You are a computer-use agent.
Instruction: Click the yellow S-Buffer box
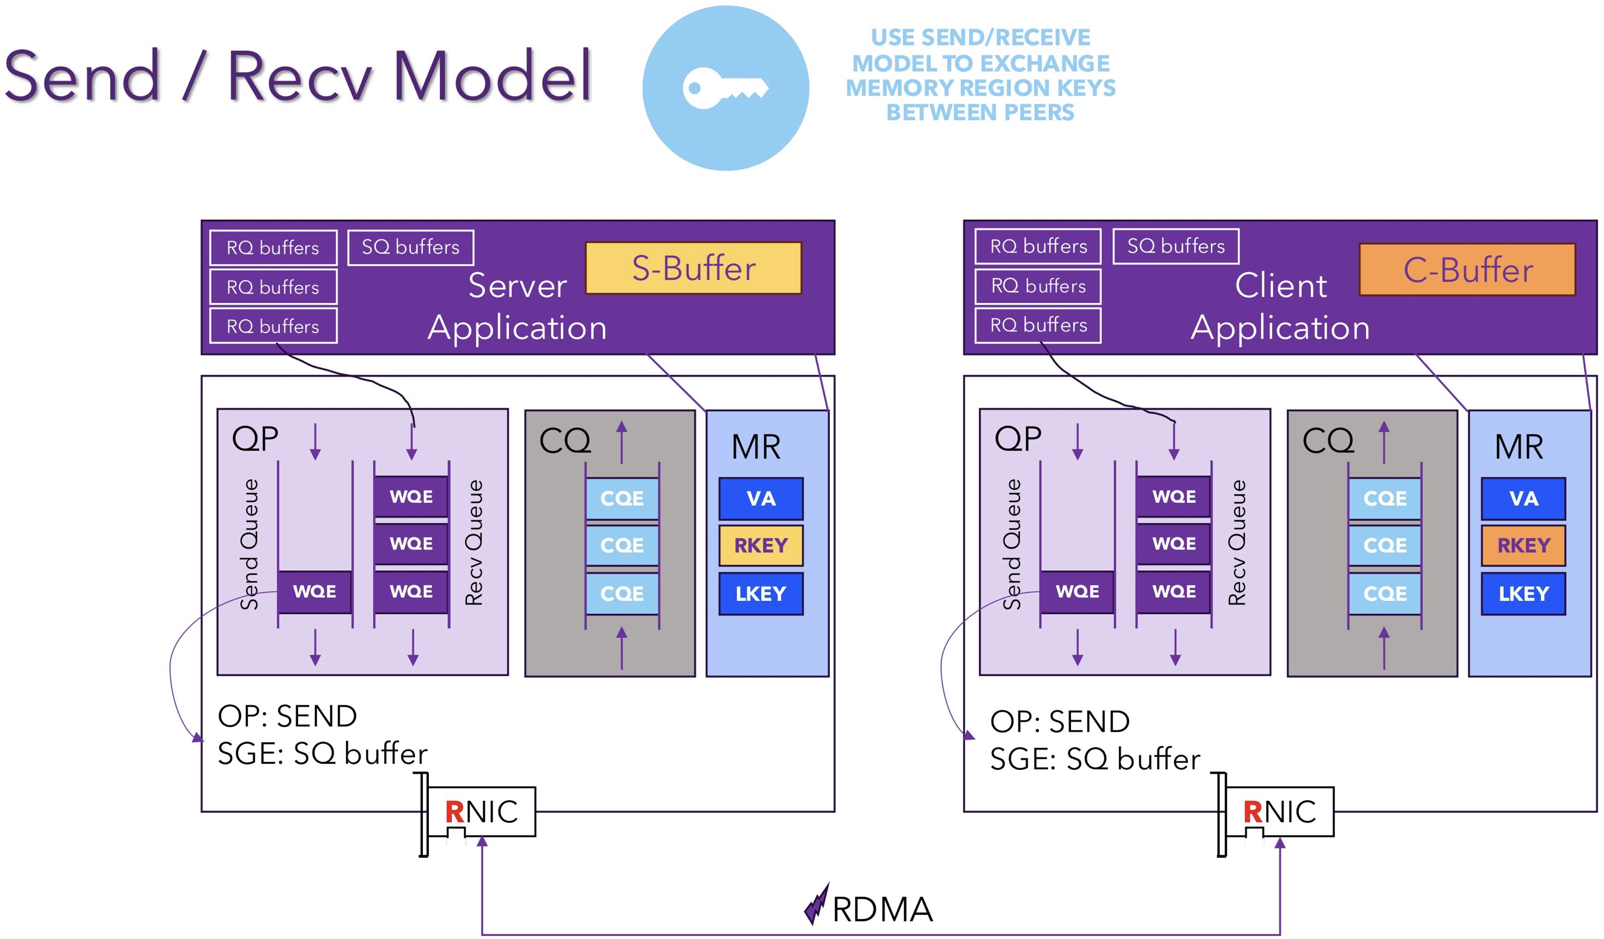[693, 268]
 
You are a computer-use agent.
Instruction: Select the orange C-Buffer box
[1467, 270]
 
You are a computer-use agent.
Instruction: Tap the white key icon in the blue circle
[725, 88]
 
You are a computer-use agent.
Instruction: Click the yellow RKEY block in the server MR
[761, 546]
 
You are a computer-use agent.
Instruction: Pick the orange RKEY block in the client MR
[1523, 546]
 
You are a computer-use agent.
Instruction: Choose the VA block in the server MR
[761, 499]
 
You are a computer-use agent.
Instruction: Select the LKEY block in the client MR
[1523, 594]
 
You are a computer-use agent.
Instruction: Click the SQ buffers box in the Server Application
[411, 247]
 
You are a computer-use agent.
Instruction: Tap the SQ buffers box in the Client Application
[1176, 246]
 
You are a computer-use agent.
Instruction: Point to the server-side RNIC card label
[481, 812]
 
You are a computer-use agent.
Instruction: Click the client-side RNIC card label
[1279, 812]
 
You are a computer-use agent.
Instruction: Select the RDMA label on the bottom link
[882, 909]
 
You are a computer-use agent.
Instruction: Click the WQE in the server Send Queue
[314, 592]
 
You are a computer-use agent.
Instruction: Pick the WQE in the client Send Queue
[1077, 592]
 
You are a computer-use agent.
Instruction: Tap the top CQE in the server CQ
[622, 499]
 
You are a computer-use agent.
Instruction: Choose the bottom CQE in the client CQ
[1384, 594]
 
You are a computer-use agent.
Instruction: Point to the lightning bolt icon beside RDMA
[816, 904]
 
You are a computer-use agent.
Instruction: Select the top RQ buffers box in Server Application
[273, 248]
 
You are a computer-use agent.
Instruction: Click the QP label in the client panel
[1018, 439]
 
